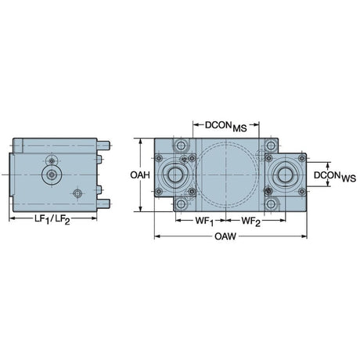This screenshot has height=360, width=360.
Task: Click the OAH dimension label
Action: (140, 175)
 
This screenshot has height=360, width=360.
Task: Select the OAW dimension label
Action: (225, 236)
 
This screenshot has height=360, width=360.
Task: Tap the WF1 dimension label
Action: (204, 221)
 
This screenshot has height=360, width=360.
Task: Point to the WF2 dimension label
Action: (250, 221)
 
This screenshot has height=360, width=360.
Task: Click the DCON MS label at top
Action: (226, 126)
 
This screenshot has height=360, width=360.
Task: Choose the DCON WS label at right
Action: (335, 176)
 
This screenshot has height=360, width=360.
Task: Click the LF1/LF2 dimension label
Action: (52, 219)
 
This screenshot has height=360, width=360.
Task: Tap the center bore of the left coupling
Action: (175, 175)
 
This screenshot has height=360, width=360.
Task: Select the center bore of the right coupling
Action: (285, 175)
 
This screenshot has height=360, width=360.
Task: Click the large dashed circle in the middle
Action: (196, 175)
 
